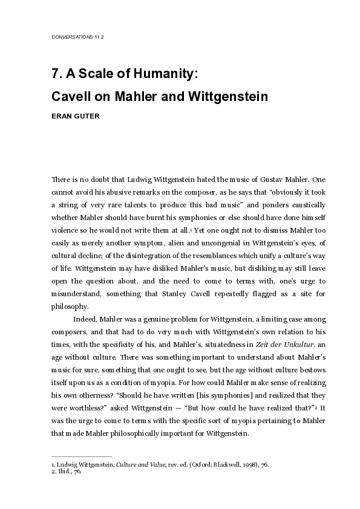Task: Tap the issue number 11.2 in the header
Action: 100,37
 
